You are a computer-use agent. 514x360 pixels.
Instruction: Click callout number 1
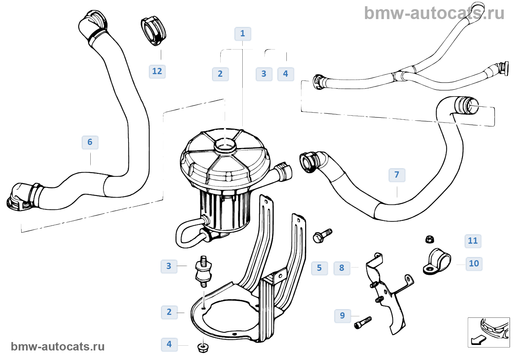[243, 34]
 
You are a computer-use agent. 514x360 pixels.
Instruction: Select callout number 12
[157, 71]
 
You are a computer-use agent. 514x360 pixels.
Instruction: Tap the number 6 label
[90, 142]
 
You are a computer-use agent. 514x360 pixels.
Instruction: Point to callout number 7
[397, 175]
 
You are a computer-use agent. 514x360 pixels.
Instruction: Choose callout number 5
[319, 268]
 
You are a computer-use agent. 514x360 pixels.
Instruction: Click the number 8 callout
[342, 268]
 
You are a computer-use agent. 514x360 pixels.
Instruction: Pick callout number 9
[343, 316]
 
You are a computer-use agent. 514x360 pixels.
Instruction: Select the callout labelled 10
[474, 263]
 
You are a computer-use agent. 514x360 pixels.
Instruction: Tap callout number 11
[473, 241]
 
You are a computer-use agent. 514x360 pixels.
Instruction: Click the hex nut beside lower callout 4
[203, 347]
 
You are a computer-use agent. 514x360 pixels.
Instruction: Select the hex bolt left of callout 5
[322, 236]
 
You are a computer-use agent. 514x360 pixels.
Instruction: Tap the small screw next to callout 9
[363, 323]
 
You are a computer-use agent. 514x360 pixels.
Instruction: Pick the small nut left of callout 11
[430, 240]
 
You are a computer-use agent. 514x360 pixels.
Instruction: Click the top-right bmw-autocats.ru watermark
[434, 14]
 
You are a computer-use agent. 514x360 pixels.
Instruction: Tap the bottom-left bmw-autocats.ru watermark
[58, 346]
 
